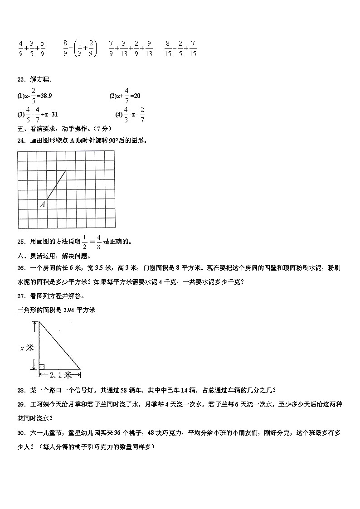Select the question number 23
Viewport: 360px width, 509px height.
[x=20, y=79]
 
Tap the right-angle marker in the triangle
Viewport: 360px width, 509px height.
[x=42, y=367]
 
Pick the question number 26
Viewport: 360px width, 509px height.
[x=20, y=268]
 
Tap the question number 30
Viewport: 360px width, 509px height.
[x=20, y=433]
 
